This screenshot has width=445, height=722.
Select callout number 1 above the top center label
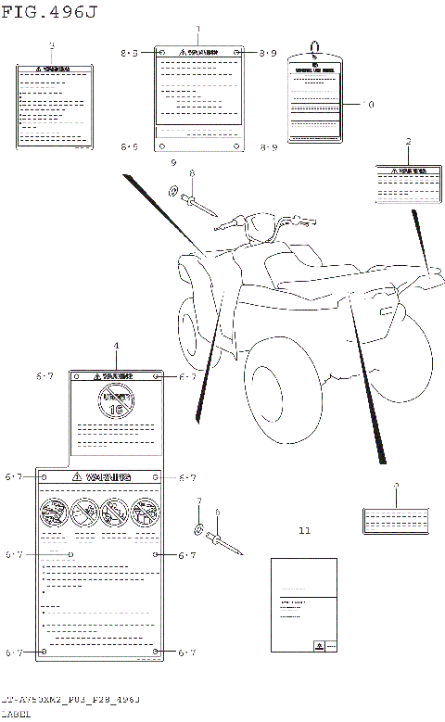197,31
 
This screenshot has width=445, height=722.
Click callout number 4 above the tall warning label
116,346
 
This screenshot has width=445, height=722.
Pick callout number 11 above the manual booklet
305,531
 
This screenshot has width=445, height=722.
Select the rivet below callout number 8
200,203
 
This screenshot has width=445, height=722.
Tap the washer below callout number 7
198,530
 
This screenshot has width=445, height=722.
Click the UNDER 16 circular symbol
117,402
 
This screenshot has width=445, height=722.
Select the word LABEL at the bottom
16,715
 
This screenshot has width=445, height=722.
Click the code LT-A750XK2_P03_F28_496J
70,699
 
